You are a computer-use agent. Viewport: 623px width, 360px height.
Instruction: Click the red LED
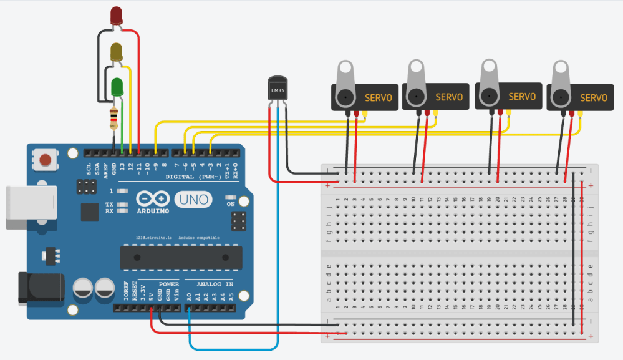point(117,16)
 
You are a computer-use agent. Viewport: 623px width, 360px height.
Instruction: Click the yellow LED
point(117,52)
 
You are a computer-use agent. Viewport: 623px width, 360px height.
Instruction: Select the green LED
point(117,87)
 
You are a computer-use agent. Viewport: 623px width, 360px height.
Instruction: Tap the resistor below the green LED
point(113,117)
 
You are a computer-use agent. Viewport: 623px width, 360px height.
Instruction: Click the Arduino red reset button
point(46,160)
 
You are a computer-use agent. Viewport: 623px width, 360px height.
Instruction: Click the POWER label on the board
point(168,283)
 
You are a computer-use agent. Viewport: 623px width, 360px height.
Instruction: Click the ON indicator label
point(231,204)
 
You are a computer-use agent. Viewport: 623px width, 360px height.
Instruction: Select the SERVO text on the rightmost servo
point(593,98)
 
